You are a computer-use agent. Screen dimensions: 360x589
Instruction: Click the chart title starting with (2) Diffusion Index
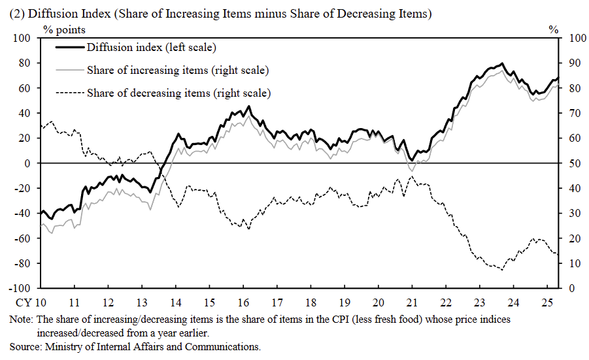click(x=220, y=14)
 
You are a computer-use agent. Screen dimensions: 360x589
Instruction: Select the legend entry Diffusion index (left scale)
click(x=151, y=47)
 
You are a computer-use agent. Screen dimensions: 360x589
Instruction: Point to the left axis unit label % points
click(x=64, y=29)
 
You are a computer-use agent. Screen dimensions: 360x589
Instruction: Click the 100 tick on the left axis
click(x=23, y=38)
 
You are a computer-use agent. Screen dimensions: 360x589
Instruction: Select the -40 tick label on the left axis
click(x=23, y=213)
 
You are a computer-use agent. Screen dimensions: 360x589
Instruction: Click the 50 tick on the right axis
click(x=573, y=163)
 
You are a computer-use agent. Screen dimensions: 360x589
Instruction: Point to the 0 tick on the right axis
click(x=571, y=288)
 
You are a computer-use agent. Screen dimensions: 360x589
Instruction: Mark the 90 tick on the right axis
click(x=573, y=63)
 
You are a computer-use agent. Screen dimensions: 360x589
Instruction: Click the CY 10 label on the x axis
click(x=31, y=303)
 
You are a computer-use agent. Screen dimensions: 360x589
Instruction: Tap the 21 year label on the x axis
click(x=412, y=303)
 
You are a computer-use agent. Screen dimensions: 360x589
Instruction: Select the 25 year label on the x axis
click(x=547, y=303)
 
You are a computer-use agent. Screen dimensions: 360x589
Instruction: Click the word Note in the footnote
click(x=20, y=320)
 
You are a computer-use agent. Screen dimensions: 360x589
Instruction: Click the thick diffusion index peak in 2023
click(x=501, y=64)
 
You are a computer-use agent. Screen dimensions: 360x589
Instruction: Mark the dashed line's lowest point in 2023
click(x=501, y=269)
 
